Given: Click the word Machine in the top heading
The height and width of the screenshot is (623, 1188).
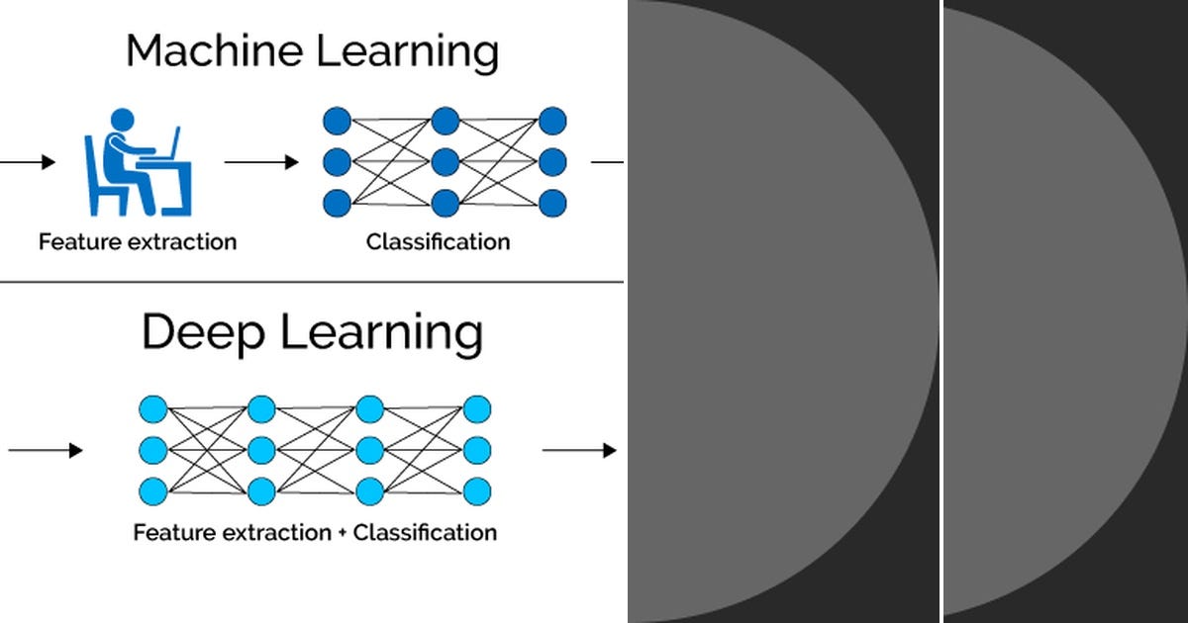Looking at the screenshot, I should [207, 51].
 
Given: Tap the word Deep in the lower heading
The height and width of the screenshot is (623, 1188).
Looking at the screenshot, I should [203, 333].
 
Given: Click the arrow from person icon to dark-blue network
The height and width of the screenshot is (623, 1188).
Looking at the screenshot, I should [261, 162].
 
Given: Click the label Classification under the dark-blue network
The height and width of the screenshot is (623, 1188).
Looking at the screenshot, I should [438, 241].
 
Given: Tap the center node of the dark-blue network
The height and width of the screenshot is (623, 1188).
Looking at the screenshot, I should [445, 161].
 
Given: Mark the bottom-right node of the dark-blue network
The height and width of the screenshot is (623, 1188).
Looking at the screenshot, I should [552, 202].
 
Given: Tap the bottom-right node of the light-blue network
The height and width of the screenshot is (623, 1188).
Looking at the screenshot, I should [477, 490].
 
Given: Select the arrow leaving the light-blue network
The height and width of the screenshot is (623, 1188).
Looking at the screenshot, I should [579, 451].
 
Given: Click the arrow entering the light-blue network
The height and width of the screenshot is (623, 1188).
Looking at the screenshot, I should [45, 451].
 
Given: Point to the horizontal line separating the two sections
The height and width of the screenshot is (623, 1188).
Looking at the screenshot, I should [312, 282].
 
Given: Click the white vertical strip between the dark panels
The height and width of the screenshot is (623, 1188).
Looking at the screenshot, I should [940, 311].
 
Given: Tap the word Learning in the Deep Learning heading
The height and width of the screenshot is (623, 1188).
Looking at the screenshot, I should [382, 335].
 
